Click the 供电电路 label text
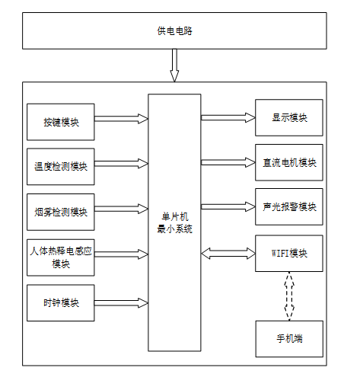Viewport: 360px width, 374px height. click(x=174, y=31)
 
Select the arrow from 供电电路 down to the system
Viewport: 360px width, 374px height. click(x=174, y=66)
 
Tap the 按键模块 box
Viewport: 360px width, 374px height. click(x=61, y=122)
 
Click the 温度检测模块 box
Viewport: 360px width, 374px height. click(x=61, y=167)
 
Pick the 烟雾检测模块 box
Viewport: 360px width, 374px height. click(x=61, y=212)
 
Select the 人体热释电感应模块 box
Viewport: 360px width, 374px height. click(x=61, y=257)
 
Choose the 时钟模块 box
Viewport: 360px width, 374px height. click(x=61, y=302)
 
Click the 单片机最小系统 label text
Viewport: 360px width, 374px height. click(x=174, y=223)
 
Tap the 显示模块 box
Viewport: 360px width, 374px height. click(x=289, y=117)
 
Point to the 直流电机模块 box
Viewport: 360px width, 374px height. click(x=289, y=162)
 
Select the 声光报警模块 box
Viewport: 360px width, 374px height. click(x=289, y=206)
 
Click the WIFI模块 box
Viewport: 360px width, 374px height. click(x=289, y=254)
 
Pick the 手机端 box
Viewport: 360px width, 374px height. click(x=289, y=339)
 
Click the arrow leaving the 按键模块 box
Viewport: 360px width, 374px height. click(x=121, y=119)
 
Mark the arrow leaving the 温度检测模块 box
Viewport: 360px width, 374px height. click(x=121, y=164)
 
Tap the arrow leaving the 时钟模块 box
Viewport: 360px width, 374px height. click(x=121, y=302)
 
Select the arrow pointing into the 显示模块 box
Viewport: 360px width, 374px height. click(x=228, y=117)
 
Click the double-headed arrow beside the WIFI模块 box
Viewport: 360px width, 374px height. click(x=228, y=254)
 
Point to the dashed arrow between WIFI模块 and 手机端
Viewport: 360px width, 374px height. click(x=289, y=296)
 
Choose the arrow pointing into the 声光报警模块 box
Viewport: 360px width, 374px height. click(x=228, y=206)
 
